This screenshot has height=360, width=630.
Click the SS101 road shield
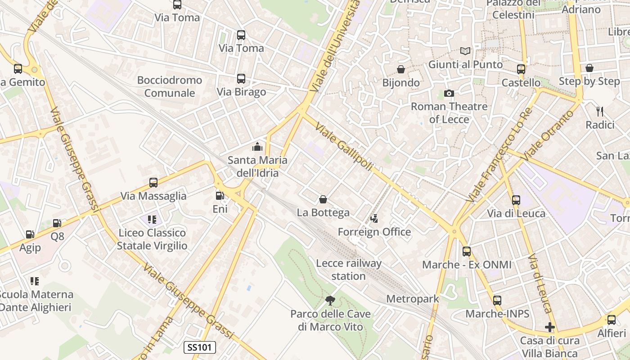tap(200, 347)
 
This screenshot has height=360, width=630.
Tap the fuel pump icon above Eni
tap(220, 196)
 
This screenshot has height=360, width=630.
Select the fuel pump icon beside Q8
tap(57, 223)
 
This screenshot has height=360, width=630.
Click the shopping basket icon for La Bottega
tap(323, 199)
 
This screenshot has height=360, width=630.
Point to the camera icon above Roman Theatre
tap(449, 93)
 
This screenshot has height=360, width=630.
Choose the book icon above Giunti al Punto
tap(465, 51)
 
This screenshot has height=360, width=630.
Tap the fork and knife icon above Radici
tap(599, 111)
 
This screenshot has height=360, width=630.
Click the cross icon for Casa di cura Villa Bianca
tap(549, 327)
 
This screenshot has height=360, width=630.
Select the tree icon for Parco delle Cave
tap(330, 300)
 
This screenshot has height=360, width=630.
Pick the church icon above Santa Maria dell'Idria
tap(257, 147)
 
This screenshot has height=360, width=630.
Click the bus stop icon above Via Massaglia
tap(153, 183)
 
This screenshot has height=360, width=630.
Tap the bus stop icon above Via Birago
tap(241, 79)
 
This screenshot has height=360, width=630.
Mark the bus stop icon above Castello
tap(521, 69)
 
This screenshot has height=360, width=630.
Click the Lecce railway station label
tap(349, 270)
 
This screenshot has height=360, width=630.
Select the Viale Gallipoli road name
tap(344, 147)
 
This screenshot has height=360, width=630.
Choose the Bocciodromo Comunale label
tap(170, 86)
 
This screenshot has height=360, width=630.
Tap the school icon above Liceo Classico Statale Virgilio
tap(152, 220)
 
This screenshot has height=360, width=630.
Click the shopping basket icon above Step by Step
tap(589, 68)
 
